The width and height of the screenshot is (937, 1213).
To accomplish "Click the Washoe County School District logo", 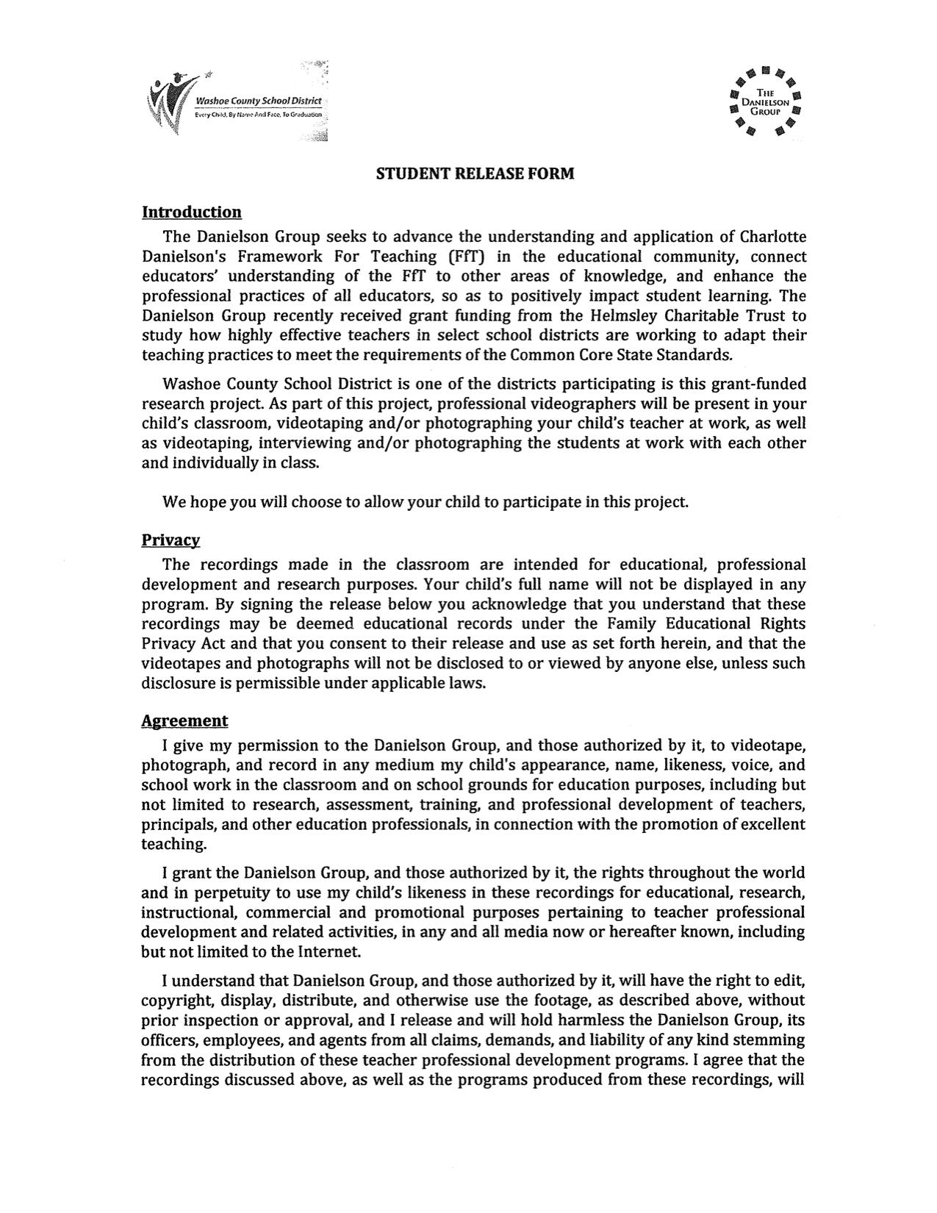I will [x=237, y=102].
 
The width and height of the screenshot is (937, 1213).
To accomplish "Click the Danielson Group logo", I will [x=765, y=101].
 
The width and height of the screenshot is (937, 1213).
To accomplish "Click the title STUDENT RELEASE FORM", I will [x=475, y=174].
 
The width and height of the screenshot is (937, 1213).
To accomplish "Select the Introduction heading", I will [x=191, y=212].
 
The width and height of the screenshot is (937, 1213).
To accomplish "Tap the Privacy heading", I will [x=170, y=540].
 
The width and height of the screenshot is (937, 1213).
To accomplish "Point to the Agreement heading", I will [x=184, y=720].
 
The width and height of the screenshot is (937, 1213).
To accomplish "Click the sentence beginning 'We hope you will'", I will [x=426, y=502].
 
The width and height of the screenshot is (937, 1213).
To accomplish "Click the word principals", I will [x=176, y=825].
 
